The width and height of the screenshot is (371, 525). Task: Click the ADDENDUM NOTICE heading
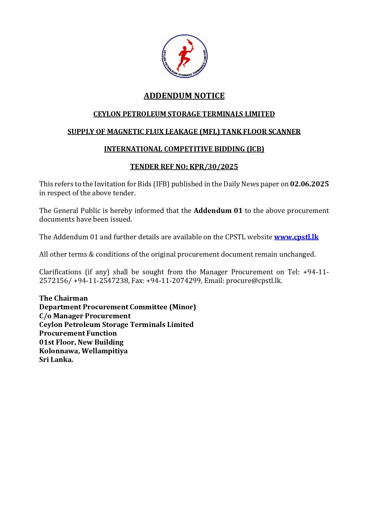click(x=184, y=96)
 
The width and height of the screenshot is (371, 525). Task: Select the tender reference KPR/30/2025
click(x=214, y=167)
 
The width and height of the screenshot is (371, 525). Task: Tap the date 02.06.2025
click(x=309, y=184)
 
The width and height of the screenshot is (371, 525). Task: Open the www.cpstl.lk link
click(x=296, y=237)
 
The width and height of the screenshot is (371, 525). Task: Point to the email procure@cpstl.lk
click(x=254, y=281)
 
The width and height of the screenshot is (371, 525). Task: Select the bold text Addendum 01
click(x=218, y=211)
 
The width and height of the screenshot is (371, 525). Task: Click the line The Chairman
click(x=63, y=298)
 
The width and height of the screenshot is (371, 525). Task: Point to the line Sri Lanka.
click(x=56, y=360)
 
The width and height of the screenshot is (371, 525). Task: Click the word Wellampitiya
click(x=105, y=351)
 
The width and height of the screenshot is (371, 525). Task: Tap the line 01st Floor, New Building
click(x=81, y=342)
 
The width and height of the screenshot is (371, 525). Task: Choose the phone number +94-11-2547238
click(x=101, y=281)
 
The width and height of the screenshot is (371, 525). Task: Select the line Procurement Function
click(x=78, y=333)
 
